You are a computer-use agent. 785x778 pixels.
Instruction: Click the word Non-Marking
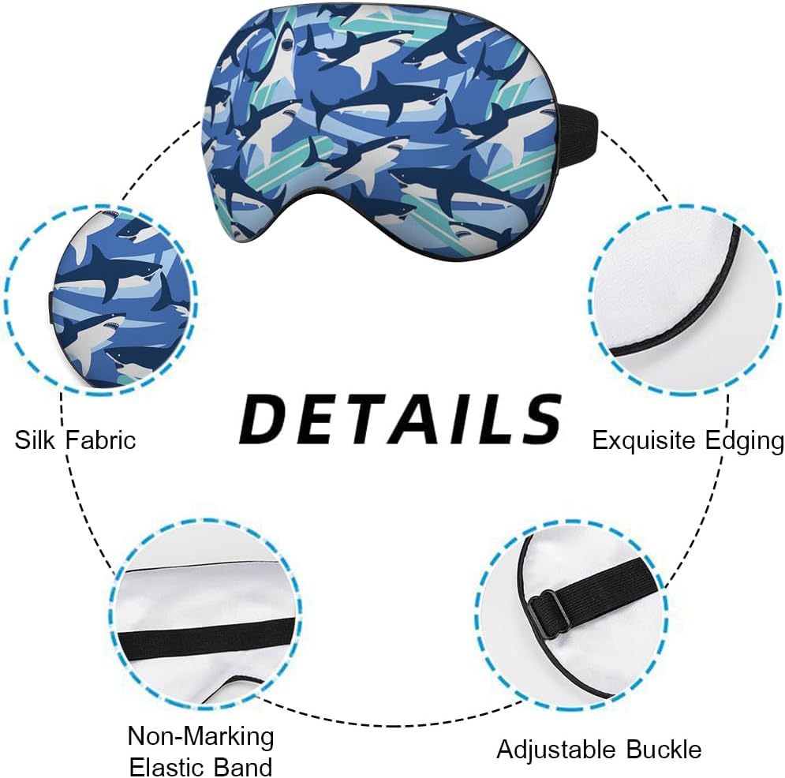pos(200,737)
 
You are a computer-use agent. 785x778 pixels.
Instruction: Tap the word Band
pos(245,766)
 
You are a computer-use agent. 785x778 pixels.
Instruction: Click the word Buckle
pos(664,748)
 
